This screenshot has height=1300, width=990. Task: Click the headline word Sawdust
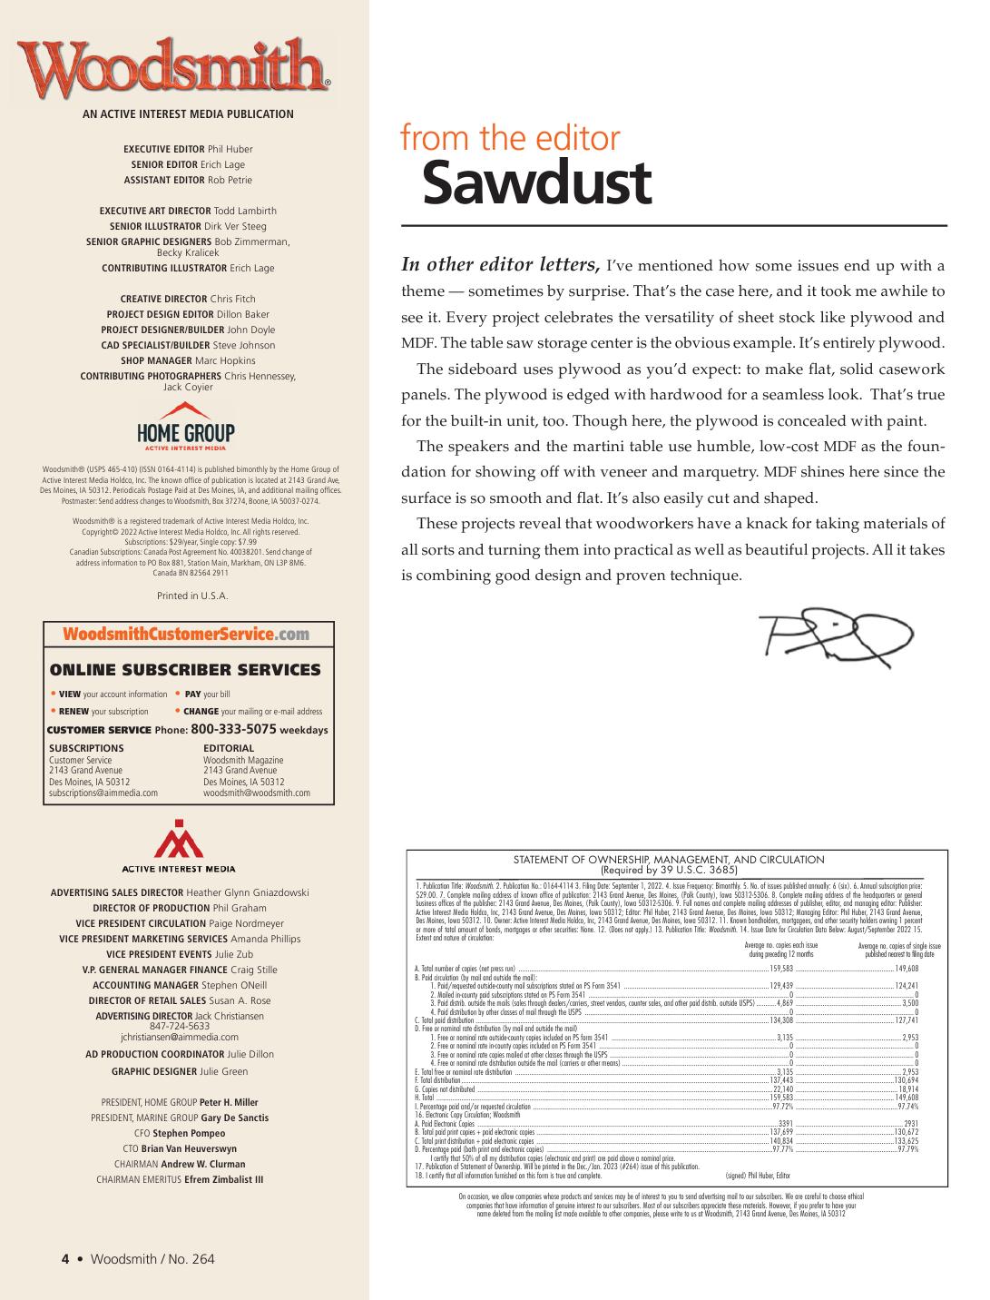coord(536,182)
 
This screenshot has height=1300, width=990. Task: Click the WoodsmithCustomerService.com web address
coord(186,635)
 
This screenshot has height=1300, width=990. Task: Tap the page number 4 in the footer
coord(65,1258)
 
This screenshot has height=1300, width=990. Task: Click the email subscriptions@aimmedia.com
coord(103,793)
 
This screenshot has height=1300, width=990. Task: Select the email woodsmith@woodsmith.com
coord(257,793)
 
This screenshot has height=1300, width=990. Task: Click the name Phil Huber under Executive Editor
coord(230,149)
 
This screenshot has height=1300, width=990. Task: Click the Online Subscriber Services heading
coord(185,670)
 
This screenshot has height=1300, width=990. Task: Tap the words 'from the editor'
coord(510,139)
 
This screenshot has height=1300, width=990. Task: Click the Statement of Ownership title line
coord(669,859)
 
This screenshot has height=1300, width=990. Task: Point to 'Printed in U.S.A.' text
coord(192,596)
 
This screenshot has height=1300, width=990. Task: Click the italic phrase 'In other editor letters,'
coord(500,265)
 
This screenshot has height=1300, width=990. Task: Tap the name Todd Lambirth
coord(245,211)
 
